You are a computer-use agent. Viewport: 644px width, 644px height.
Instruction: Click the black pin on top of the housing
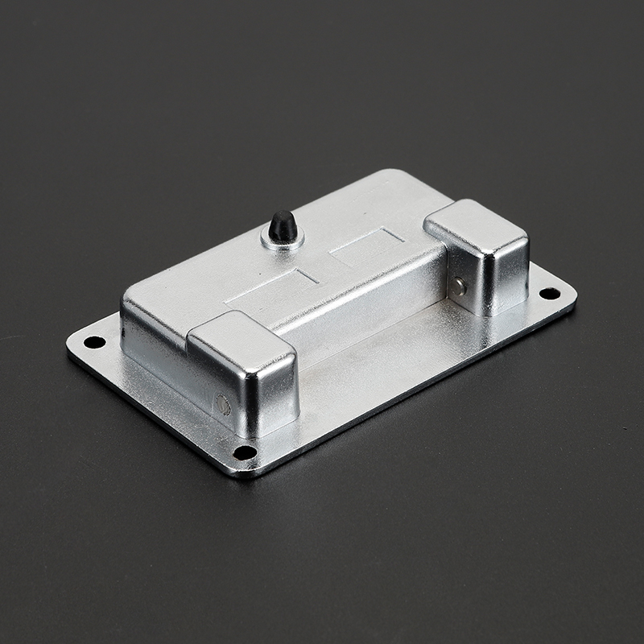click(x=282, y=225)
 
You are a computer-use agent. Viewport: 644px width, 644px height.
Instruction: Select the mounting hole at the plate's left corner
click(x=94, y=342)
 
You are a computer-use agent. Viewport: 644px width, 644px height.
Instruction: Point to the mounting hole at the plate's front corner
click(x=245, y=452)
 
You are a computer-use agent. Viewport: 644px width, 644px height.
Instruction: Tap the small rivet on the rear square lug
click(x=458, y=286)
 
